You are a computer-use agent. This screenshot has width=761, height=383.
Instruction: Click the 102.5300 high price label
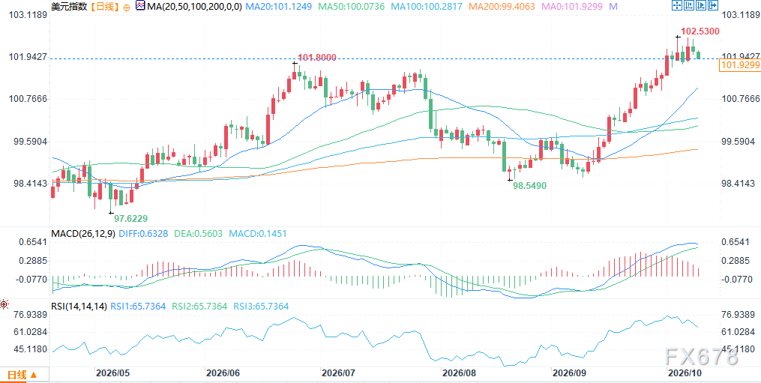point(700,31)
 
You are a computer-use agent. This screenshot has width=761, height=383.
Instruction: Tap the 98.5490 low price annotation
point(529,186)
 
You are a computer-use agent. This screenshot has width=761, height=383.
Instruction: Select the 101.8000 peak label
point(317,58)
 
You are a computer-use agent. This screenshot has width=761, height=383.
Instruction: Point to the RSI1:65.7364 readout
point(138,307)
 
